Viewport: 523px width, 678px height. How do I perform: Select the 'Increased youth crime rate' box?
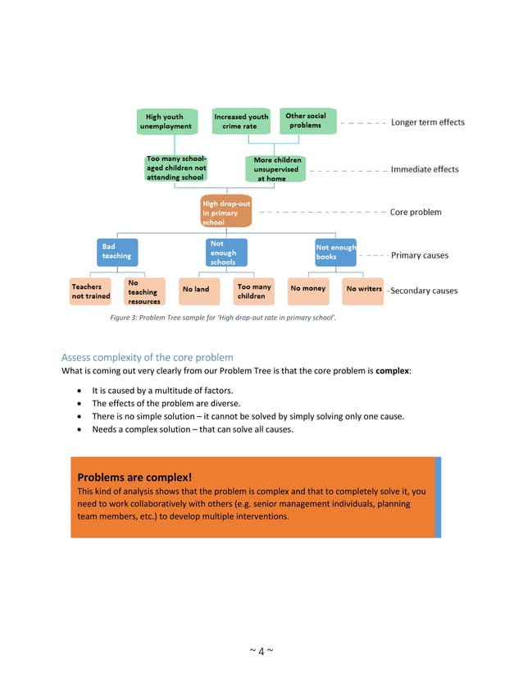(240, 121)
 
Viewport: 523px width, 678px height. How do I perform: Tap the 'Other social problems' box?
(306, 121)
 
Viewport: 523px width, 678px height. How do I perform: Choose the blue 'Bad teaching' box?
(117, 251)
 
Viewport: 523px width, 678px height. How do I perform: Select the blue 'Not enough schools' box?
(225, 252)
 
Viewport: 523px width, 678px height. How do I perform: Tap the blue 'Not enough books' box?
(335, 251)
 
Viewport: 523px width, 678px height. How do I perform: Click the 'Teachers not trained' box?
(92, 291)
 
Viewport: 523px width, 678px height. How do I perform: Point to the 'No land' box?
(196, 290)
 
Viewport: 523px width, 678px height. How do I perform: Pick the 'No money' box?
(308, 289)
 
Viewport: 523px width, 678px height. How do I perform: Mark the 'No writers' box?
(363, 289)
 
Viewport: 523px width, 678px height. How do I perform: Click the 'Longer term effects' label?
(427, 122)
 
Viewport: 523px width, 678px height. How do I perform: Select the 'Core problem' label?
(416, 212)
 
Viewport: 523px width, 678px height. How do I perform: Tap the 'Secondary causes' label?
(424, 291)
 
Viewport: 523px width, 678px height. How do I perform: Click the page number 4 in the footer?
(261, 652)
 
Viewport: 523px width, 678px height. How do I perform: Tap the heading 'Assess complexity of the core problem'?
(148, 357)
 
